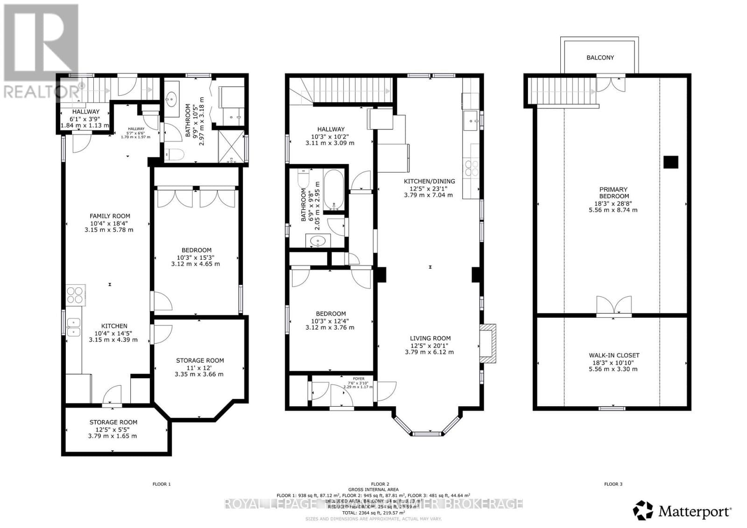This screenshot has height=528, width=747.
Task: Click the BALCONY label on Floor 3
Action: [x=600, y=57]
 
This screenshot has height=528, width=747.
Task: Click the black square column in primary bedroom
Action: [x=671, y=161]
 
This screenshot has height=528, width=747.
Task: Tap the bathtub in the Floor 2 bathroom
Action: [x=333, y=190]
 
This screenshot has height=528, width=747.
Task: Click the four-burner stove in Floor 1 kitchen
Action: [x=74, y=295]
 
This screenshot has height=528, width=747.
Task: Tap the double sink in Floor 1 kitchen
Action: [x=74, y=327]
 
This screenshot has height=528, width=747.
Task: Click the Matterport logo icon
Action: [x=644, y=511]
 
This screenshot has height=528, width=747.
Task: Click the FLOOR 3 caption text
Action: [x=613, y=484]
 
